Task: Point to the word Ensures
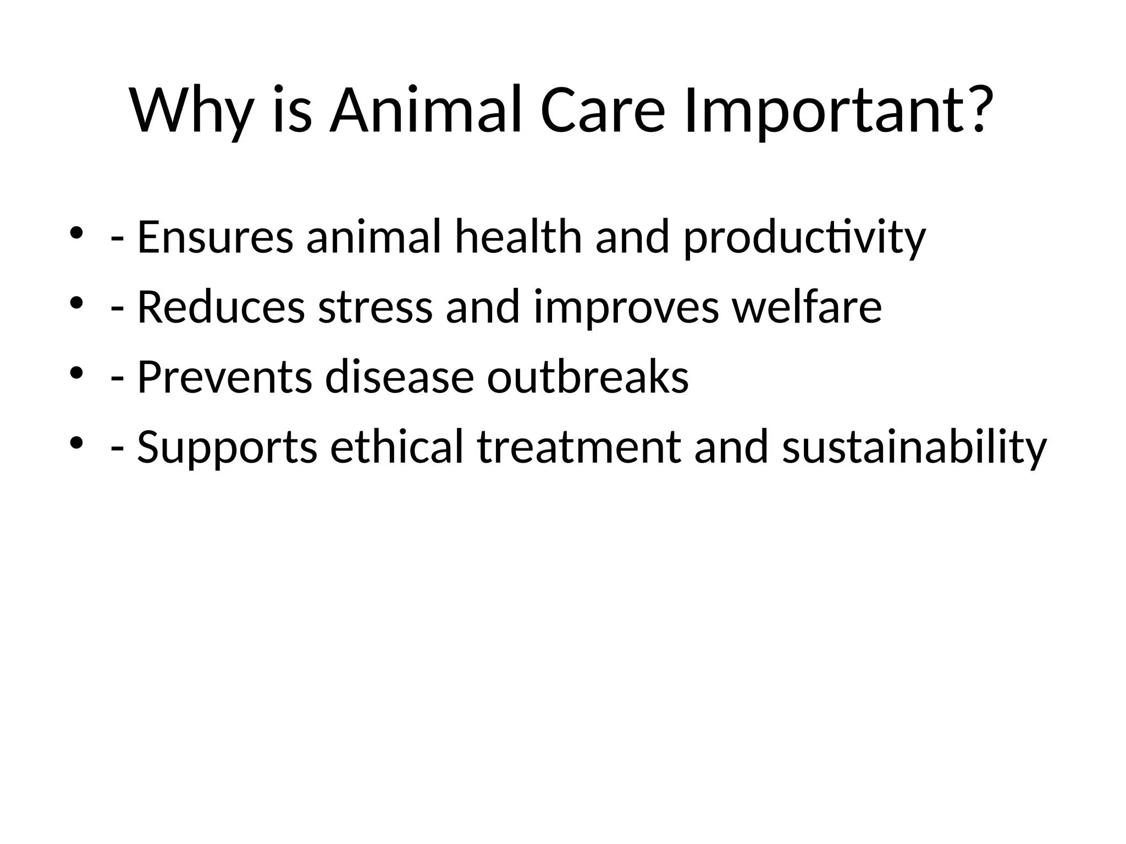pos(215,237)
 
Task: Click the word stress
pos(375,308)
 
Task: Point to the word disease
pos(399,377)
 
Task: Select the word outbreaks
pos(588,377)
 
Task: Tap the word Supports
pos(227,448)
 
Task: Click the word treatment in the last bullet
pos(579,447)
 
